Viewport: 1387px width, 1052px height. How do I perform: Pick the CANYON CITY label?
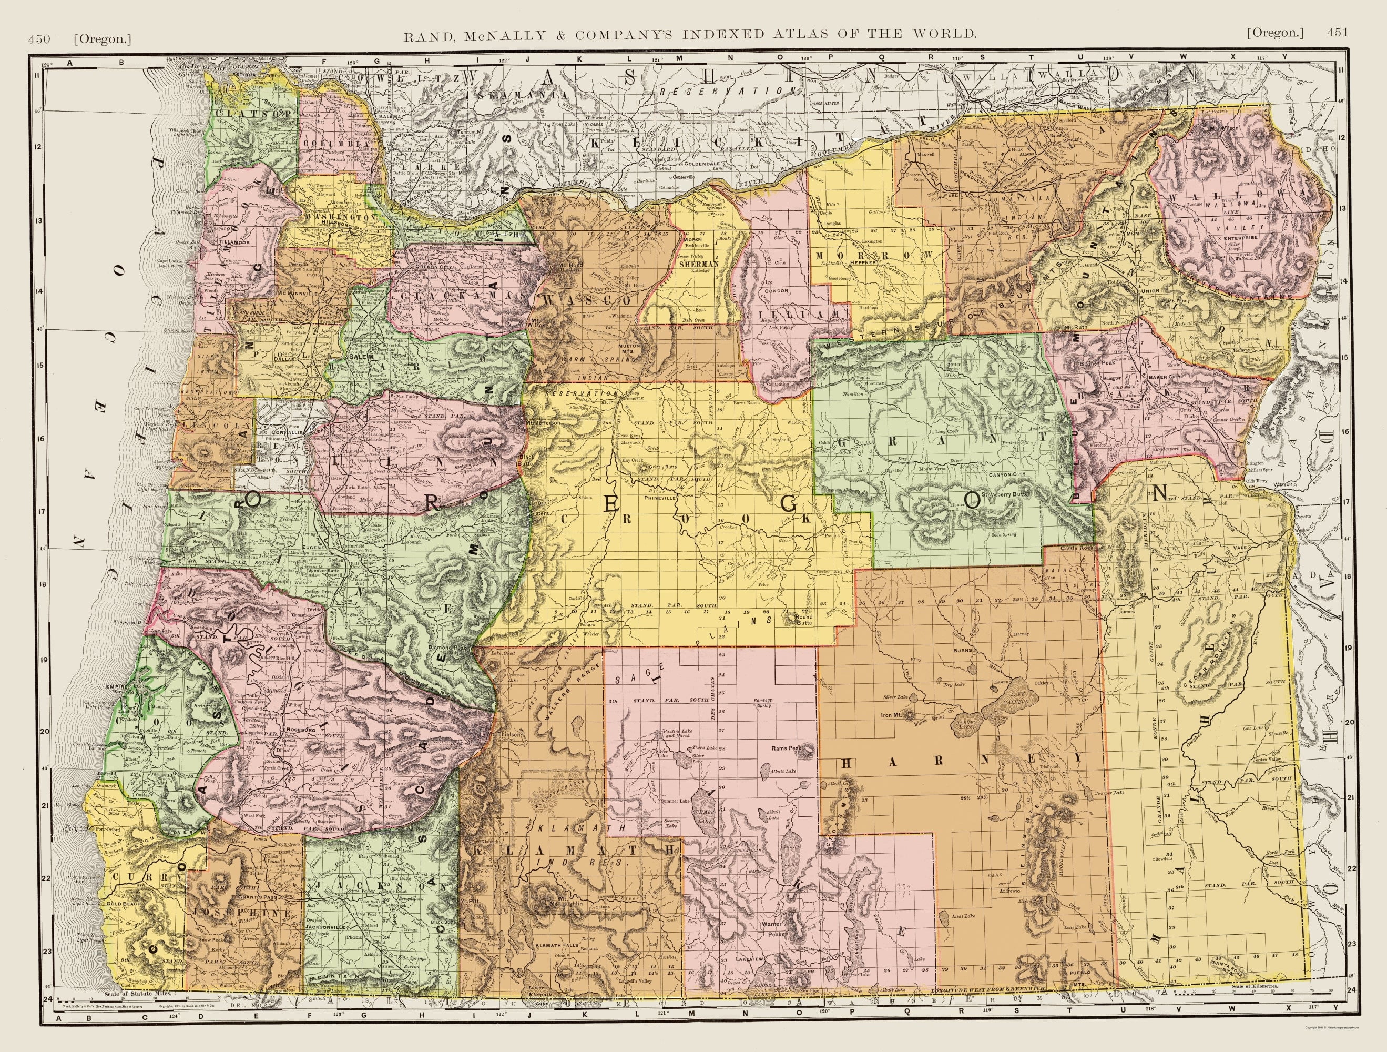point(1006,492)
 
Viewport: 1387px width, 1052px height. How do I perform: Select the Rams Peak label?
point(787,748)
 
